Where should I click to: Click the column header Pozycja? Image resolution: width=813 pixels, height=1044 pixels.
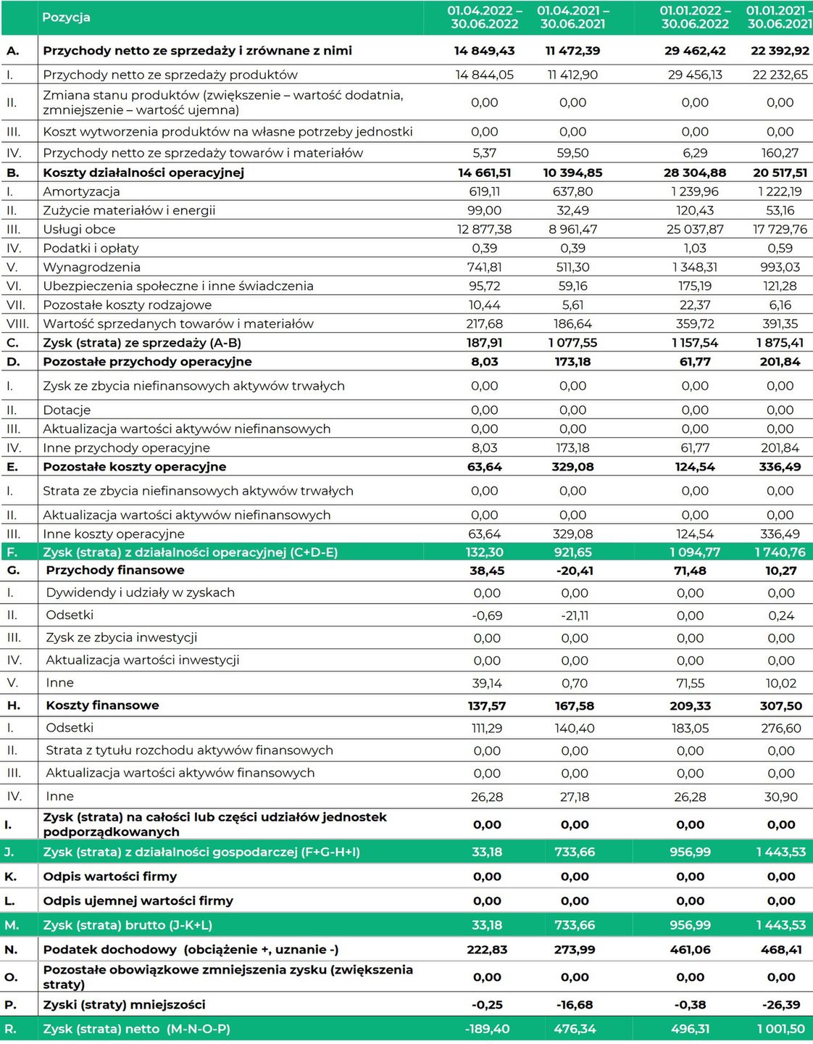coord(66,17)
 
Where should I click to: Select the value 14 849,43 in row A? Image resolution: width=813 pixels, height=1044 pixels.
coord(484,51)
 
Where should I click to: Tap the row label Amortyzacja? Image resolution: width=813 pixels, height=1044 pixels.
coord(81,191)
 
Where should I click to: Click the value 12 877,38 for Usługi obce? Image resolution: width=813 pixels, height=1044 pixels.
coord(484,229)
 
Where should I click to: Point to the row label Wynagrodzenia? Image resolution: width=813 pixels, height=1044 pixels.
coord(91,267)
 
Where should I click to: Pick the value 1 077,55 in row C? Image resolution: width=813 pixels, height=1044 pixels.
coord(572,343)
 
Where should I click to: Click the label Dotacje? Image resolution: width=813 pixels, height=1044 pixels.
coord(67,410)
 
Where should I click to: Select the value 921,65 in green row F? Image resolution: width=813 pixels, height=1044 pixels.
coord(572,552)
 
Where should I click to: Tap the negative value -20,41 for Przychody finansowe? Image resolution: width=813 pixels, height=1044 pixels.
coord(575,571)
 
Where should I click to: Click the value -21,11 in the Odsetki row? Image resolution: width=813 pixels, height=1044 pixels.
coord(575,616)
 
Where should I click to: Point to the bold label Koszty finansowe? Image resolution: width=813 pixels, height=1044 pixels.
coord(102,705)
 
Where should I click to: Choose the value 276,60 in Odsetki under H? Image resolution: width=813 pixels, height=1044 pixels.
coord(781,728)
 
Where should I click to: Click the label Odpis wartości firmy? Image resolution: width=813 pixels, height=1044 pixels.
coord(110,877)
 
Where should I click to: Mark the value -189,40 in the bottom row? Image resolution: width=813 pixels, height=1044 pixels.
coord(487,1029)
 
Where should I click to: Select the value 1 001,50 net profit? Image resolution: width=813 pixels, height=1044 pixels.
coord(781,1029)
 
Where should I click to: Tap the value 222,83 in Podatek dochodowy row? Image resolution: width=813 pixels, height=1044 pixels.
coord(487,950)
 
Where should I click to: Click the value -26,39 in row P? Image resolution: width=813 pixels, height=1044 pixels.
coord(781,1005)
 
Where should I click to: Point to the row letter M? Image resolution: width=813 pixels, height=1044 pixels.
coord(11,925)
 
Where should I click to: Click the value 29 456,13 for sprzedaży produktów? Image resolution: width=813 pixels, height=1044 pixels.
coord(695,75)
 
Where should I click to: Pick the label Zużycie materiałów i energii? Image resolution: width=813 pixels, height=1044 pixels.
coord(129,210)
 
